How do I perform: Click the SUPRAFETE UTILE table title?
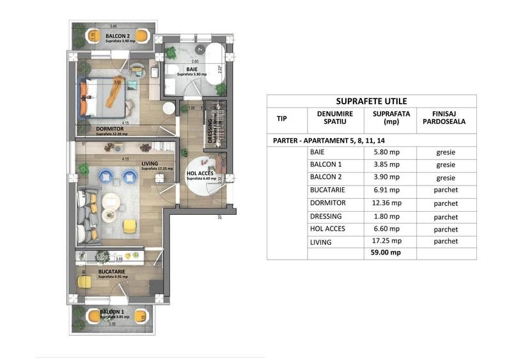[371, 101]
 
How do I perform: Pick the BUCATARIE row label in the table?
[325, 190]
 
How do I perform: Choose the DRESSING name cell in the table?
[325, 216]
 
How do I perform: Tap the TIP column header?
[281, 118]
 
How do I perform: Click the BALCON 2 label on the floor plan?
[118, 36]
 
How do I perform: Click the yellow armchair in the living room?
[130, 225]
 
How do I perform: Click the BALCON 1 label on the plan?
[112, 311]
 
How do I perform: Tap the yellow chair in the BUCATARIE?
[84, 281]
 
